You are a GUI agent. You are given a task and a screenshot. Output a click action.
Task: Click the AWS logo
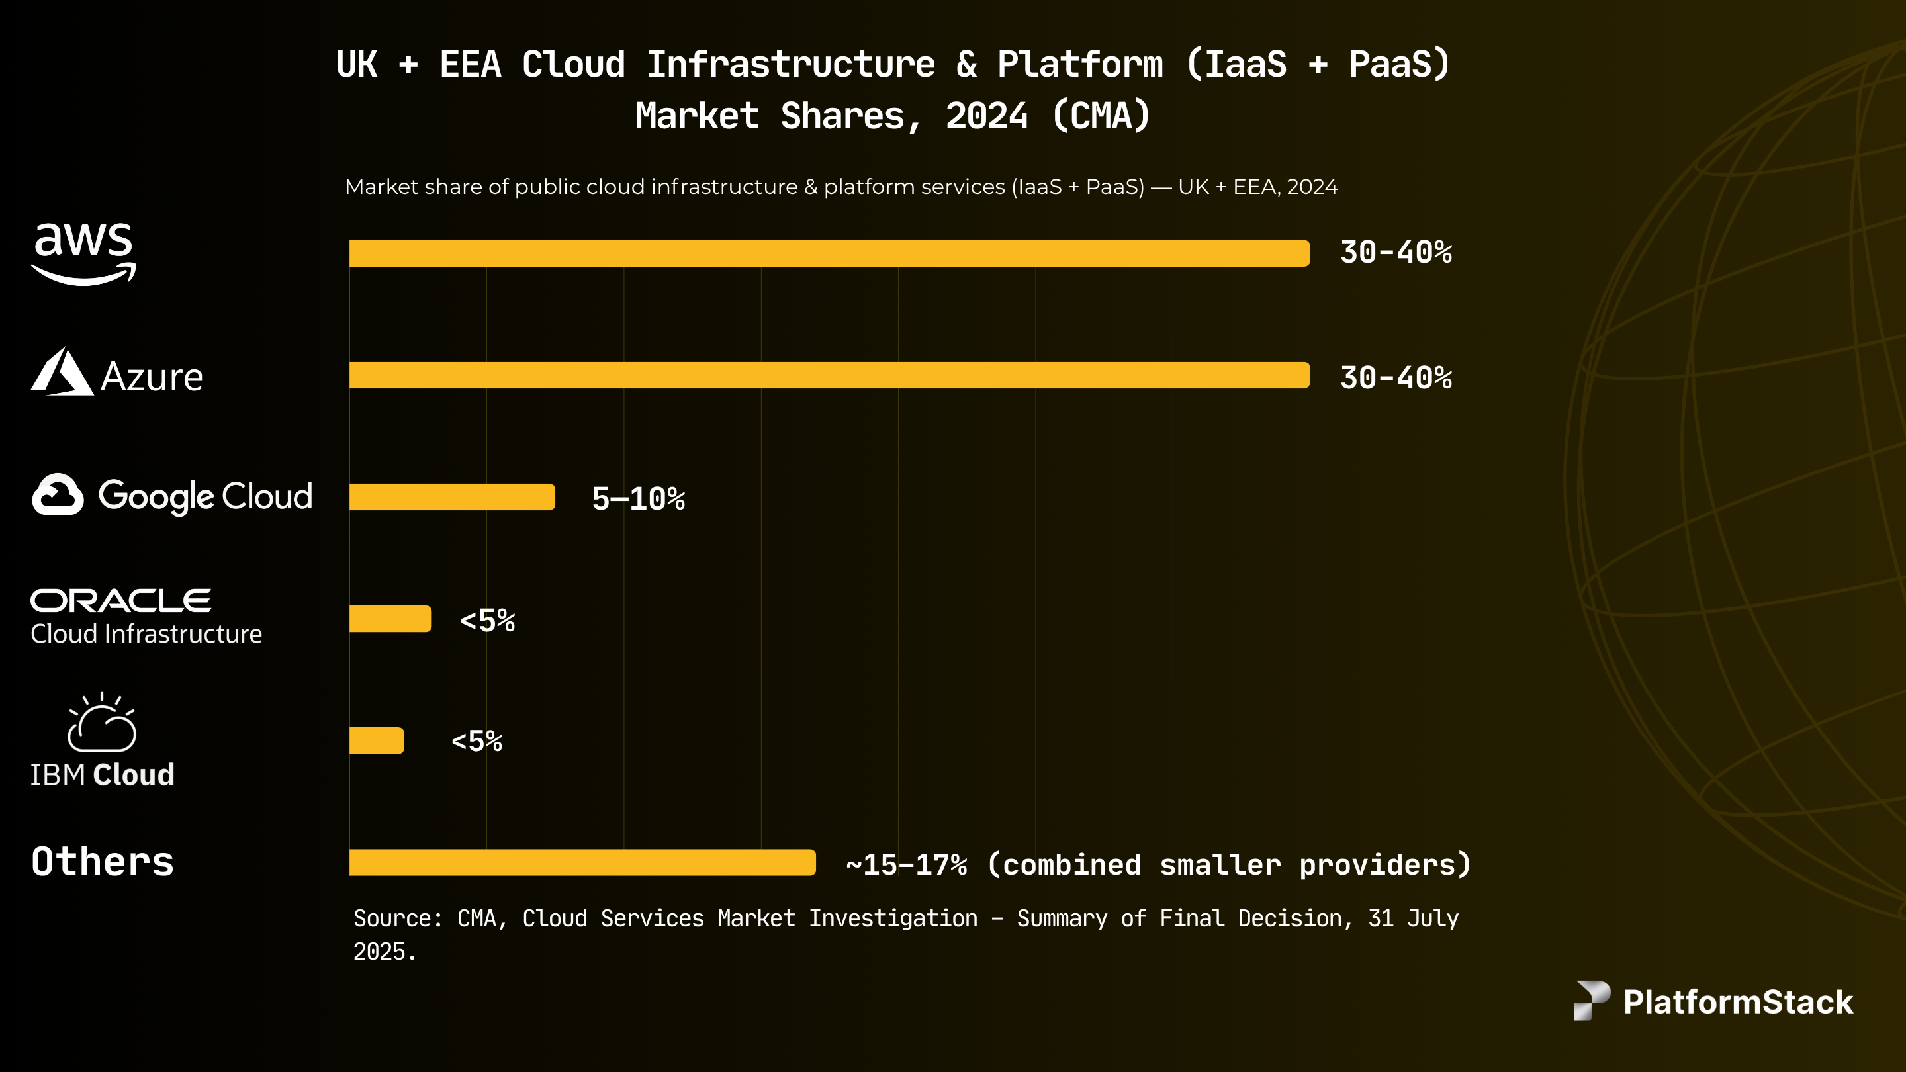tap(83, 253)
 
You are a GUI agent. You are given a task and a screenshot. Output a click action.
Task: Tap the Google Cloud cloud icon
tap(58, 495)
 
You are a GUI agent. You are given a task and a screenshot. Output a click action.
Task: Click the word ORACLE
tap(120, 601)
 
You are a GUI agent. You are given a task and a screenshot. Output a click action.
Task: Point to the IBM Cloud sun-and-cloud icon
tap(102, 723)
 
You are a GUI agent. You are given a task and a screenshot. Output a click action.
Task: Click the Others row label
tap(103, 862)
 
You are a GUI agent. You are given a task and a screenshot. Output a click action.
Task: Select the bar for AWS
tap(829, 253)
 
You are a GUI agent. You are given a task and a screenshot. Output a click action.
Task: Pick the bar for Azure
tap(829, 375)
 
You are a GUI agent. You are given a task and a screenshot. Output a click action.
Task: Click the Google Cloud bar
tap(451, 497)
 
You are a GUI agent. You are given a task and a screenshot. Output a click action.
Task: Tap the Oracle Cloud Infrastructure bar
tap(390, 619)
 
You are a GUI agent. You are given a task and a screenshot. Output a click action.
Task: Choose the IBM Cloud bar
tap(377, 740)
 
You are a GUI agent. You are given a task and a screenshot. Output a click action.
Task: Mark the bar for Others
tap(582, 863)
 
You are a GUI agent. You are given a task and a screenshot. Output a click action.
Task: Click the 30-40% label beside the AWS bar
tap(1396, 253)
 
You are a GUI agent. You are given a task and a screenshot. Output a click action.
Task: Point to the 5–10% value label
tap(638, 500)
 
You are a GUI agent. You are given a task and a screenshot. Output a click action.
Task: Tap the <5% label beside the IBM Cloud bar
tap(476, 741)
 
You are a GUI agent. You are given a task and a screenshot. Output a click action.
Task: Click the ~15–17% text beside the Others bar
tap(907, 865)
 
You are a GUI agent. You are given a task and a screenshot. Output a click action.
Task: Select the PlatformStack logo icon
tap(1591, 1001)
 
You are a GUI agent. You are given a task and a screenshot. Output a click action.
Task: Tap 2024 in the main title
tap(986, 116)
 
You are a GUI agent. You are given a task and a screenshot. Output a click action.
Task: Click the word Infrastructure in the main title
tap(790, 64)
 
